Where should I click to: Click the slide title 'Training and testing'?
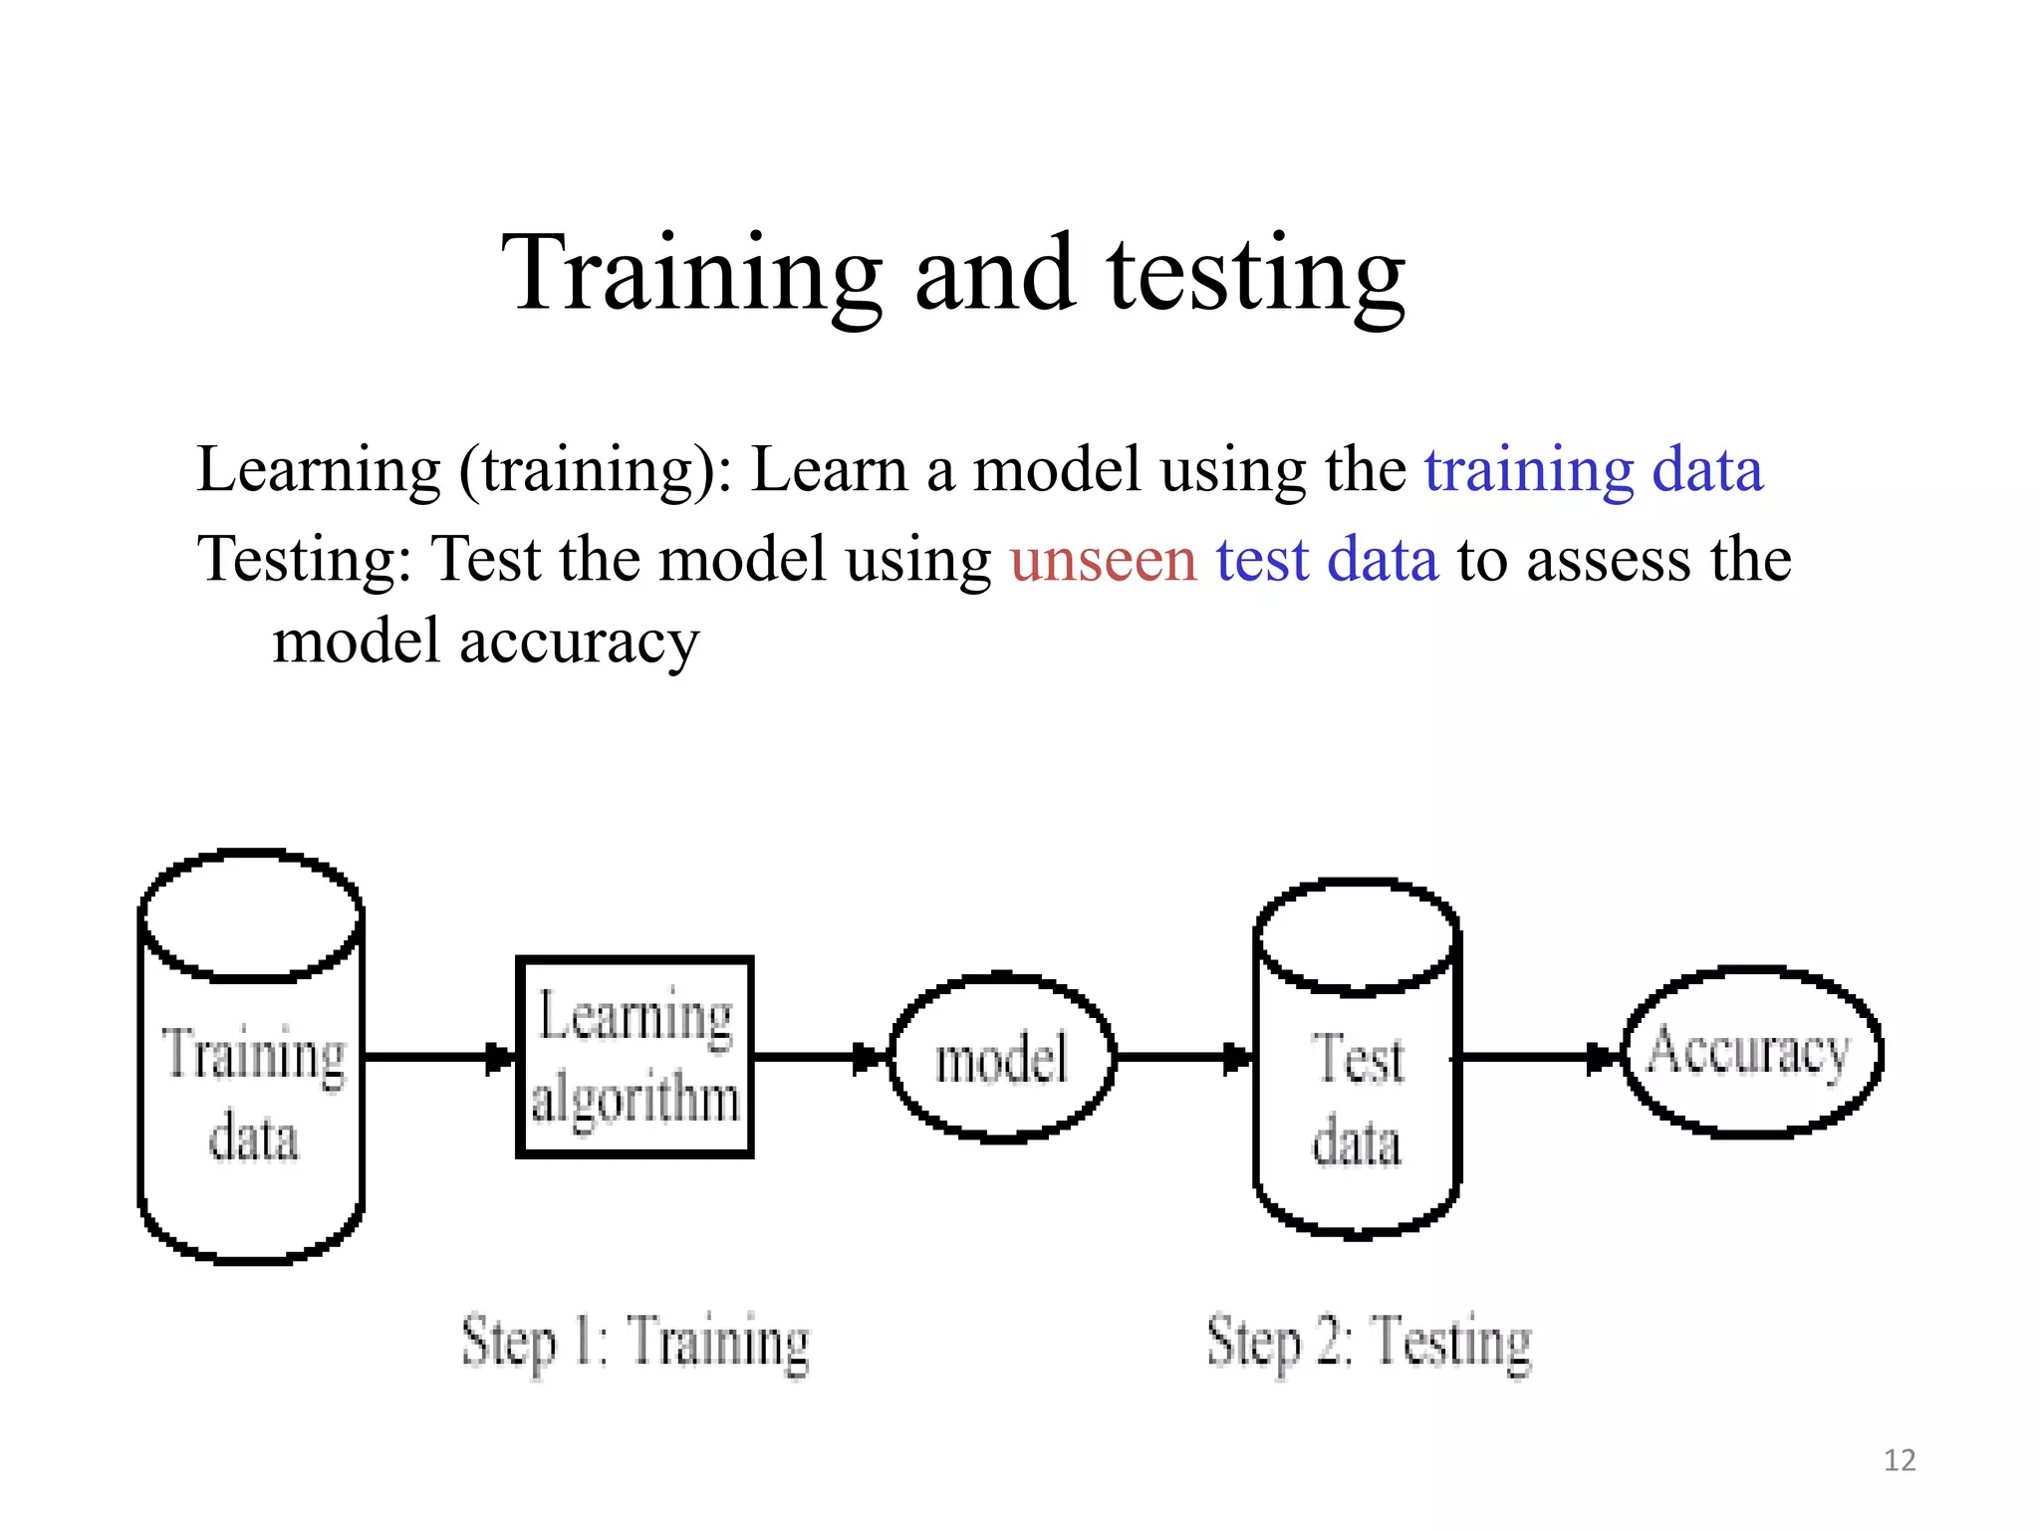(x=953, y=273)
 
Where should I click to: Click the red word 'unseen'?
(x=1103, y=559)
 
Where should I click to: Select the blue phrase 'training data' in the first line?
(x=1594, y=469)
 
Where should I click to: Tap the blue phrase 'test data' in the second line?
(x=1327, y=559)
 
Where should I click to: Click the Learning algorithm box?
(x=635, y=1057)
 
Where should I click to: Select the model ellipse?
(x=1001, y=1057)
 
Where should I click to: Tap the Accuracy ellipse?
(x=1751, y=1052)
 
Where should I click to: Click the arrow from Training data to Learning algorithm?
(x=439, y=1057)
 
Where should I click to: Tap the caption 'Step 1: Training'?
(x=636, y=1342)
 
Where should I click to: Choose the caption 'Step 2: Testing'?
(x=1369, y=1342)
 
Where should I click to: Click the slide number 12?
(x=1900, y=1460)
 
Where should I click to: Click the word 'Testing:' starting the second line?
(x=304, y=559)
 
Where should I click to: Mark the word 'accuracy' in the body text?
(x=579, y=641)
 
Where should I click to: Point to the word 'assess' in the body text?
(x=1609, y=559)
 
